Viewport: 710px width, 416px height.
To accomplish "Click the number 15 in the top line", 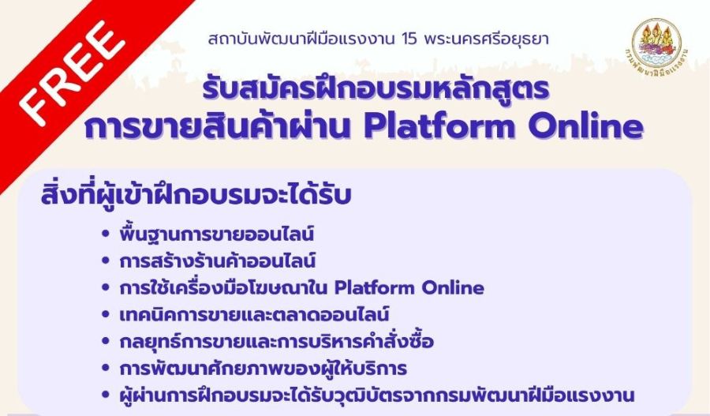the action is (409, 39).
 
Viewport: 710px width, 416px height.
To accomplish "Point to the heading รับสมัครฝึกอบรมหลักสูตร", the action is (376, 88).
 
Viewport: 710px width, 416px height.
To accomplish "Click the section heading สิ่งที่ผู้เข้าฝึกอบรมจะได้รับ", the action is (196, 197).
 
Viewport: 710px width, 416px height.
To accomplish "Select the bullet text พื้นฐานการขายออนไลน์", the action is (216, 234).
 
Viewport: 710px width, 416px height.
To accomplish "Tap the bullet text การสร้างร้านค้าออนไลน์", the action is (218, 260).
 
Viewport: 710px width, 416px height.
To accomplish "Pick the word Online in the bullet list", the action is (454, 288).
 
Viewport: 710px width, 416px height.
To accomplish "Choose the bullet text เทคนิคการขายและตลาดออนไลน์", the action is (254, 314).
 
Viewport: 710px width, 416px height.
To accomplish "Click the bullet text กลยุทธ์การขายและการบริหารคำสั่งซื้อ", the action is (277, 341).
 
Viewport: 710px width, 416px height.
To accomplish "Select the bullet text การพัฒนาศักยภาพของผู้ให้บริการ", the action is (263, 368).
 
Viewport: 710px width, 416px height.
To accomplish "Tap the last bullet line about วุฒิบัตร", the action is (377, 395).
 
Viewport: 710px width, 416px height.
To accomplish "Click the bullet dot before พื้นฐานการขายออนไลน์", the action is (106, 234).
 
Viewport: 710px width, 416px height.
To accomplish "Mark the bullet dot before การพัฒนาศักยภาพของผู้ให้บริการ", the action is (106, 368).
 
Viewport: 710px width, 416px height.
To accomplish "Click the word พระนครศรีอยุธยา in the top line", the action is (487, 39).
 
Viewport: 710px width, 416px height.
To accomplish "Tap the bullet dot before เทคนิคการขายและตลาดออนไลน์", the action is (106, 314).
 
